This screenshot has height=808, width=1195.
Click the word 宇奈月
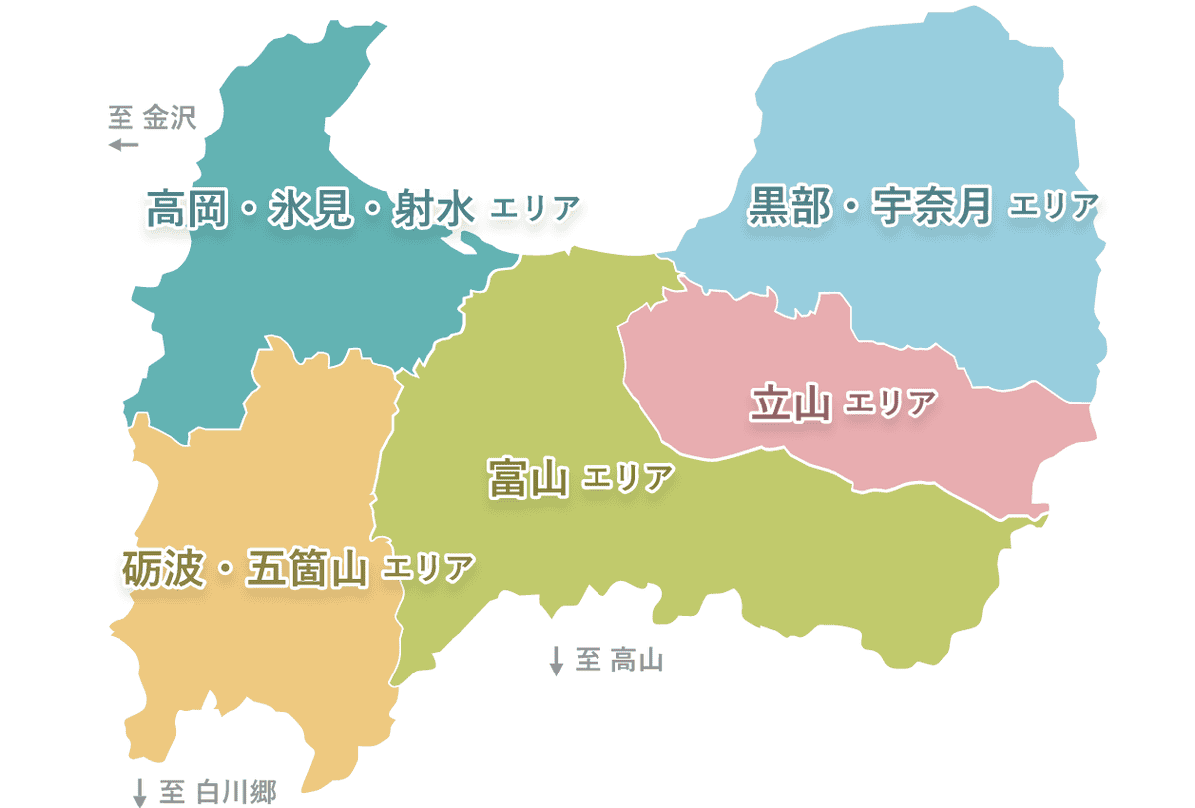[932, 206]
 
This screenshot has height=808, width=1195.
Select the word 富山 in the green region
[527, 478]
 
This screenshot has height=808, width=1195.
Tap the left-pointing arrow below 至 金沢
[123, 145]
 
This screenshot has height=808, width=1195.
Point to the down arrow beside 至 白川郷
[140, 793]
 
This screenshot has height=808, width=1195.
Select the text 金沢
[170, 119]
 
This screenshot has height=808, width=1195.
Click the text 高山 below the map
[637, 659]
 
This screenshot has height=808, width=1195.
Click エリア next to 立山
[891, 404]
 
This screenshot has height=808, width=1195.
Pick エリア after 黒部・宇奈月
[1053, 207]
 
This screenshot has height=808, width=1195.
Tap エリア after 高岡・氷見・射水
[535, 209]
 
